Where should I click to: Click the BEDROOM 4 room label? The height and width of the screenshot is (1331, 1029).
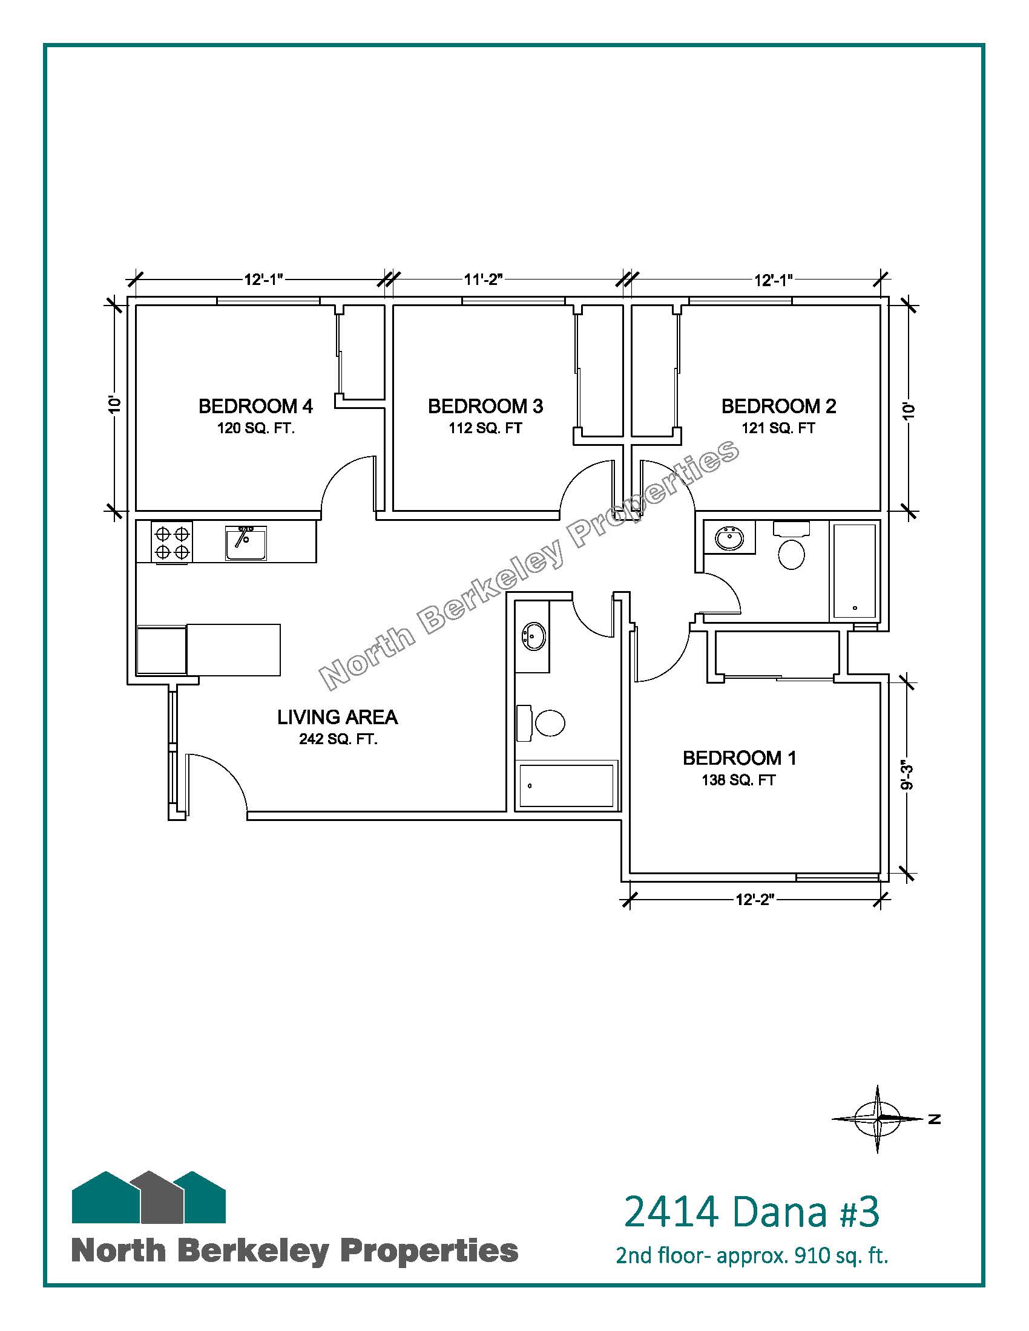click(255, 406)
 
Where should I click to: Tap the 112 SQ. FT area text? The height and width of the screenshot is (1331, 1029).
click(485, 428)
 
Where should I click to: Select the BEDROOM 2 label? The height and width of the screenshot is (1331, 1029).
click(778, 406)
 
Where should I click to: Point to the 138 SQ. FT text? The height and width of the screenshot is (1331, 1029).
click(738, 780)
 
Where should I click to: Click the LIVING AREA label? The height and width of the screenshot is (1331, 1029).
click(338, 718)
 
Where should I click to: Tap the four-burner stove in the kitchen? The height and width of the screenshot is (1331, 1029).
click(172, 543)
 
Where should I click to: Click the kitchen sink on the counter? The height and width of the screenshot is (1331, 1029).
click(246, 543)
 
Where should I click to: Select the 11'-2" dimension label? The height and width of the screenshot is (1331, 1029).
click(483, 280)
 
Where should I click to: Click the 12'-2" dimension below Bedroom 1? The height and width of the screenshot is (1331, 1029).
click(754, 900)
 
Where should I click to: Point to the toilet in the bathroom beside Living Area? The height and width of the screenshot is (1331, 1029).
click(541, 724)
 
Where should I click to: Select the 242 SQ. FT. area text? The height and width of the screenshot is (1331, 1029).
click(338, 740)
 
